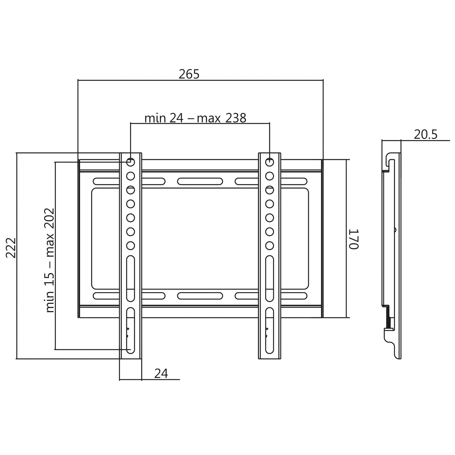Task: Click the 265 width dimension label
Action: (x=189, y=74)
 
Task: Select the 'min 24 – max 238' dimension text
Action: (x=195, y=118)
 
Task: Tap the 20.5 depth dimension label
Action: (x=426, y=134)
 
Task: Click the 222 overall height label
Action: (x=11, y=248)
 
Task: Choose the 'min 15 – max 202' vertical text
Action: (x=50, y=260)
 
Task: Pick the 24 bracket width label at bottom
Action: (x=161, y=374)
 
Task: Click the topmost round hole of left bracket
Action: (x=131, y=162)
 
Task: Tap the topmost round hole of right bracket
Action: (x=269, y=162)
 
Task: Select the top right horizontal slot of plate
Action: (x=271, y=181)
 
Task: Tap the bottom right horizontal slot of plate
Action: (x=271, y=296)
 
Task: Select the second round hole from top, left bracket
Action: (x=131, y=176)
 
